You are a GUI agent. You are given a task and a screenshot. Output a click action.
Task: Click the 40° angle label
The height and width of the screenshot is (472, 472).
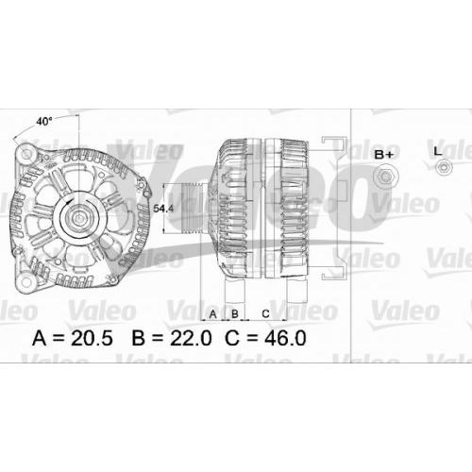coord(44,122)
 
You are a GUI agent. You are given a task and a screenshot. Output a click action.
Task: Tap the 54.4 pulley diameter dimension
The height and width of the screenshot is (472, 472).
coord(163,209)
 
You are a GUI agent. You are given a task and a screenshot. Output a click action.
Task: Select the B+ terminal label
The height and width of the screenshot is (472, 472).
coord(384,155)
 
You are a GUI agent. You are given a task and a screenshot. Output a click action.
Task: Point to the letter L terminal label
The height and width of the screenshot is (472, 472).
coord(438,151)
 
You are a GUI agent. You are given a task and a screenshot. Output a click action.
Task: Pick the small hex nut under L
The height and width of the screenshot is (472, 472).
coord(444,167)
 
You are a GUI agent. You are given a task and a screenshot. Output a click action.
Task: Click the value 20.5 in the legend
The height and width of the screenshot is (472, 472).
coord(92,338)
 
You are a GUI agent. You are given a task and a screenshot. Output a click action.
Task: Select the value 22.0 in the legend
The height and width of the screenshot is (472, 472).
coord(191,338)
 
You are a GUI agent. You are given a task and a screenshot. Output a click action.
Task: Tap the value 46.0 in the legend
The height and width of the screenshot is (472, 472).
coord(285,338)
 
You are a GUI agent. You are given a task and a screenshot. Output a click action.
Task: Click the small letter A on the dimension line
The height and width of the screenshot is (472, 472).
coord(213,314)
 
